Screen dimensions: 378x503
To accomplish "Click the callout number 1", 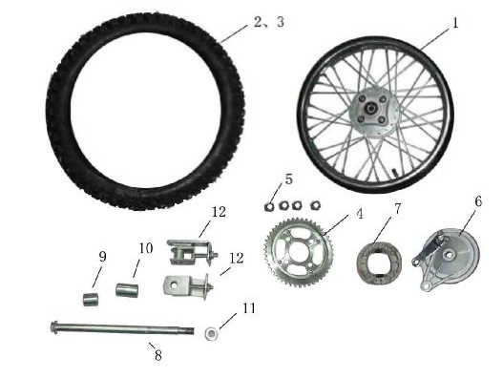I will [454, 22].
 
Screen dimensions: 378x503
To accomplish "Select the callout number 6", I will [477, 201].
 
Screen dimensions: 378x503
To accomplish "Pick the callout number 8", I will [158, 355].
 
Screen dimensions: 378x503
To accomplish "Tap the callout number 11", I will [249, 308].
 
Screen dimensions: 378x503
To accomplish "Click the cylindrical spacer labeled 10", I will [128, 290].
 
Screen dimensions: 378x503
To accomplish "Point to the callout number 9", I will [102, 256].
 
